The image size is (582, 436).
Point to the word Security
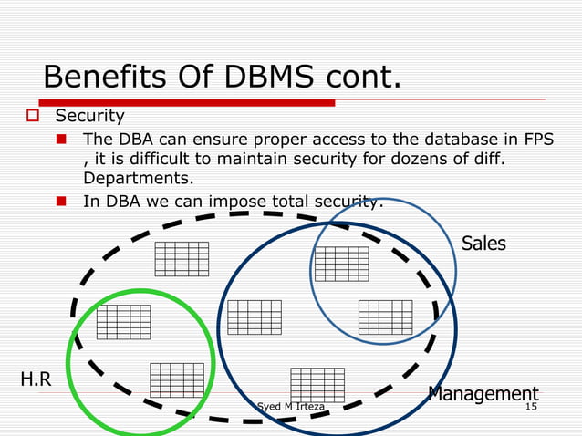(x=89, y=117)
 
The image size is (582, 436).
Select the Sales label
(x=483, y=244)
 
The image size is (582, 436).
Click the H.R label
(x=36, y=379)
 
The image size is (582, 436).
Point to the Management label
(x=483, y=394)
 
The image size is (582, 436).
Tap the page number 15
(x=530, y=406)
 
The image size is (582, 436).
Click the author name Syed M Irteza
(x=289, y=406)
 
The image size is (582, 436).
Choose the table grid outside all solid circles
(x=182, y=259)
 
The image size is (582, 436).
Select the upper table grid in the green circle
(x=123, y=321)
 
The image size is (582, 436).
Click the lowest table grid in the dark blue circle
(x=317, y=384)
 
